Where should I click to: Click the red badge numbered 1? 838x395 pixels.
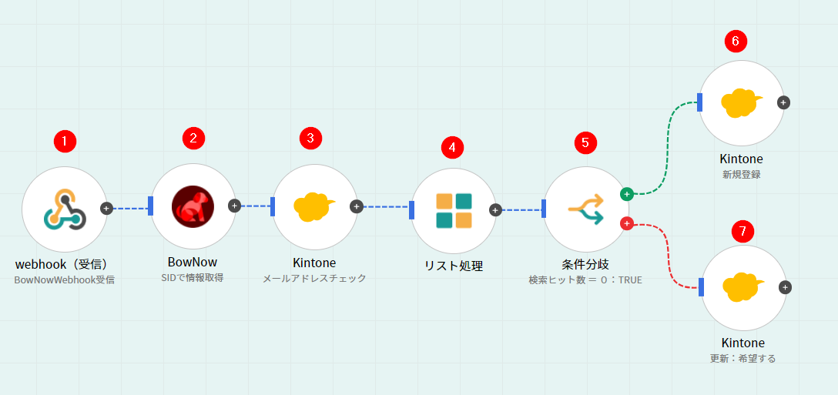65,141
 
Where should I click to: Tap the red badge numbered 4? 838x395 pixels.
452,146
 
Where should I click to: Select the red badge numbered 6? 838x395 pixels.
736,42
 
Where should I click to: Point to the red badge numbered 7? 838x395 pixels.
742,231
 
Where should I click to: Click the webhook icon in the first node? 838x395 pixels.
65,208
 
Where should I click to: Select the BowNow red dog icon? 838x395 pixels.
193,206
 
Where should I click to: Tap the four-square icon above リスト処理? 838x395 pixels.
454,210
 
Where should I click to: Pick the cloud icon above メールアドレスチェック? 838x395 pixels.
314,206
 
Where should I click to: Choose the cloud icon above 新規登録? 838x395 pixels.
741,102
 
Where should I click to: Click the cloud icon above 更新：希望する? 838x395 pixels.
743,287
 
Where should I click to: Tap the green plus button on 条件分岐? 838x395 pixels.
627,194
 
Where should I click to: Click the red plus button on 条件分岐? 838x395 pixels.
627,224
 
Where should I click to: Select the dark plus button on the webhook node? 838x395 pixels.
107,208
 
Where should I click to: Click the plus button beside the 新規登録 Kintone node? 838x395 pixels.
783,102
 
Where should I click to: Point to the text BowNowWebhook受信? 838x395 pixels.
65,280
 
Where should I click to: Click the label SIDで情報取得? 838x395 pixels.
193,278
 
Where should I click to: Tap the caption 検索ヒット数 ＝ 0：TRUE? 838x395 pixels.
585,280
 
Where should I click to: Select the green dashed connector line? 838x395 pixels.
667,146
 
